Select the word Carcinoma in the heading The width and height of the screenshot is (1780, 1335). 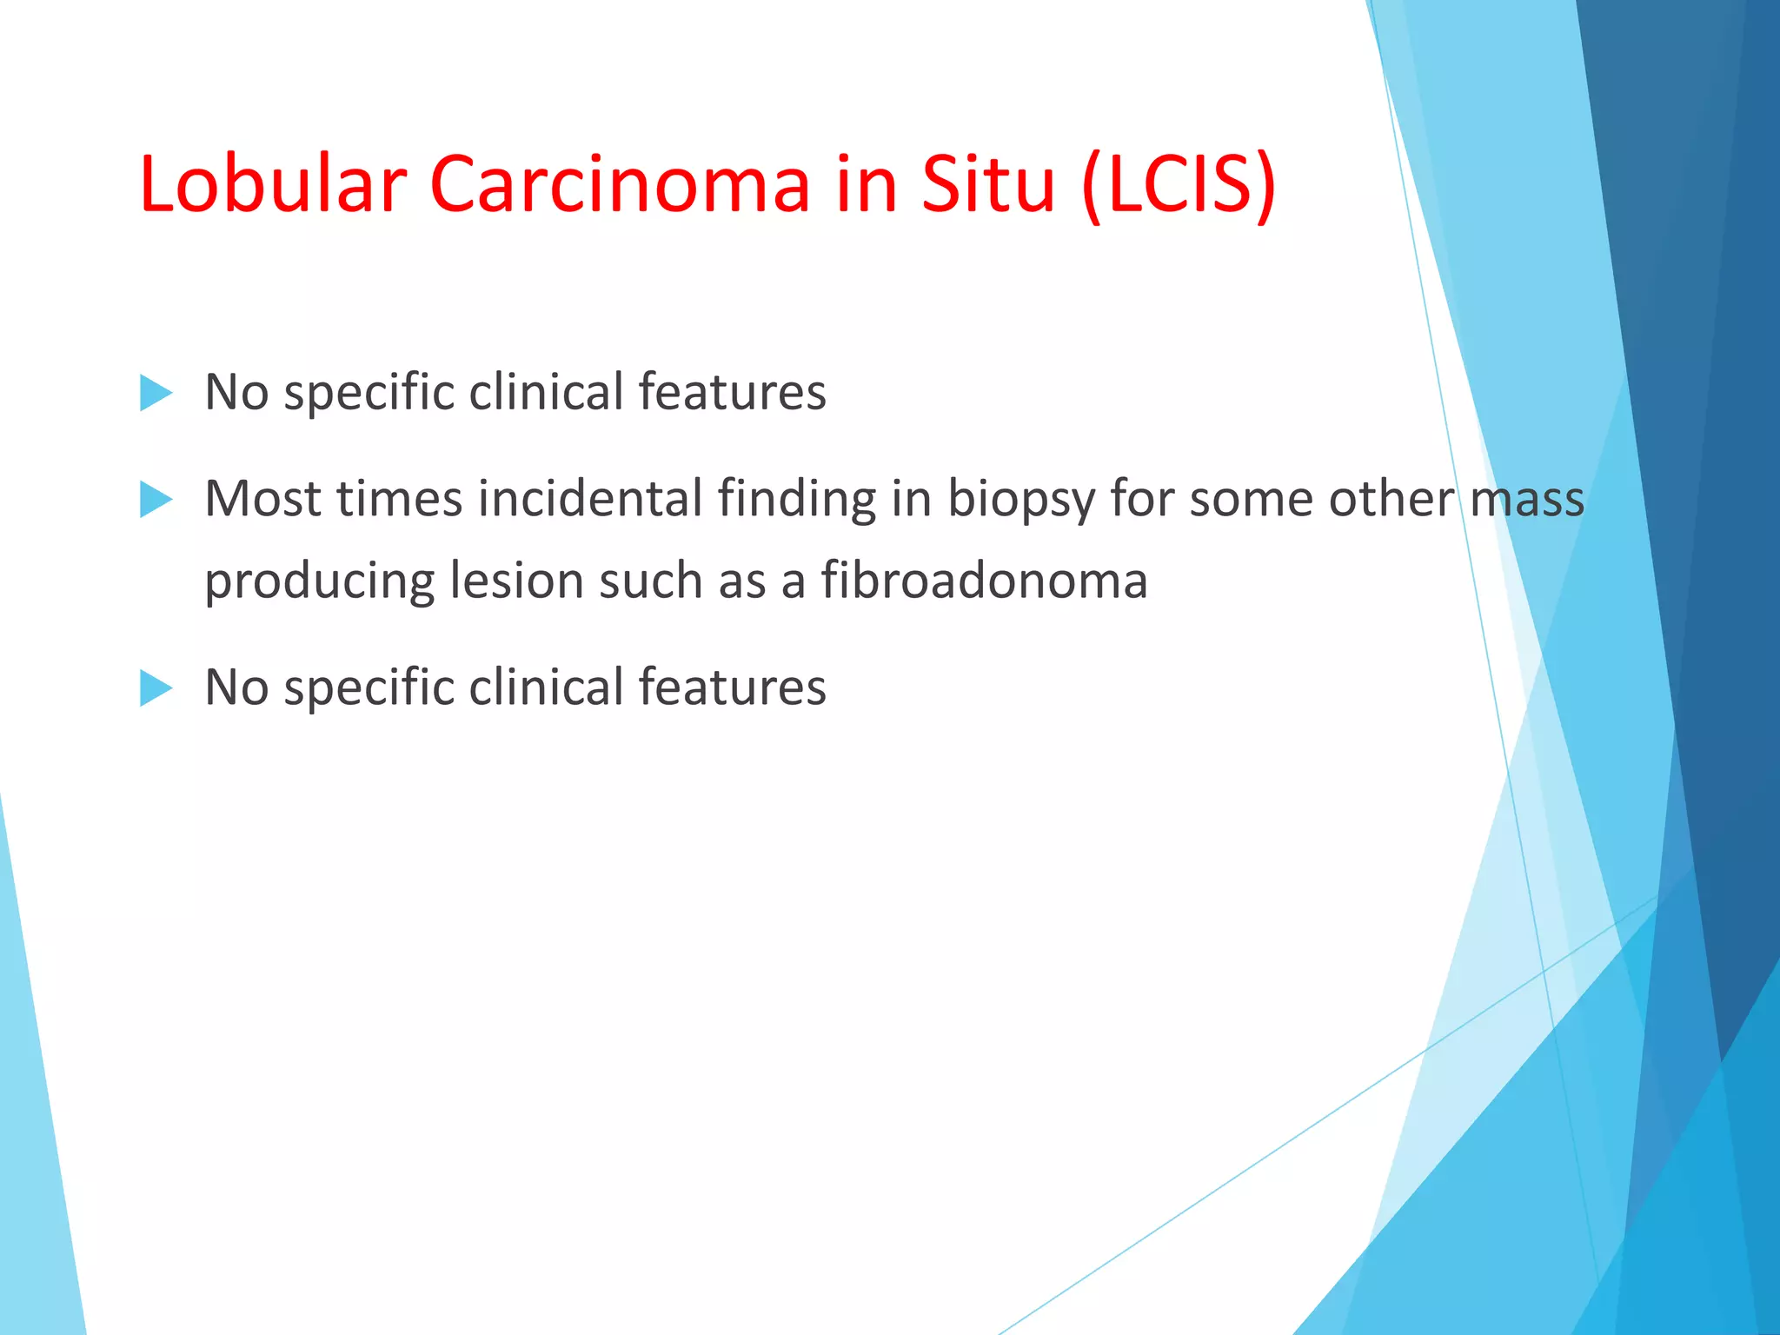click(x=620, y=184)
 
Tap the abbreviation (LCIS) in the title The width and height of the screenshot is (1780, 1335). click(x=1179, y=184)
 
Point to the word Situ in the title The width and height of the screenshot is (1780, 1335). click(x=987, y=184)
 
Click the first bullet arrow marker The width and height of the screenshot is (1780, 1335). click(x=156, y=393)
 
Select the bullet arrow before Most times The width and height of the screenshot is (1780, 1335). click(x=156, y=500)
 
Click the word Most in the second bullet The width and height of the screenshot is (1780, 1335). click(x=262, y=500)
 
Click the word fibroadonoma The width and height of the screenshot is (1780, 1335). click(x=984, y=581)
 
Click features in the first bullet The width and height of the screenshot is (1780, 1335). click(x=732, y=393)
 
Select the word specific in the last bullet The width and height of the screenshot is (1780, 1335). click(x=369, y=688)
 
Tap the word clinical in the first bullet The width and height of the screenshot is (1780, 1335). click(x=546, y=393)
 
